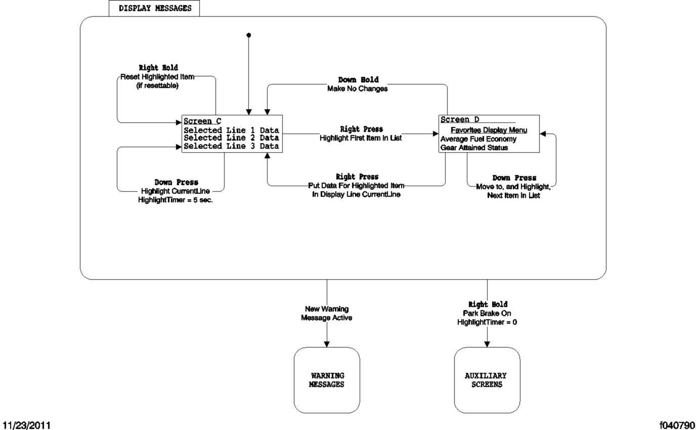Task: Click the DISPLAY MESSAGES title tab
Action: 154,8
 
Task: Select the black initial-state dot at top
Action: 248,35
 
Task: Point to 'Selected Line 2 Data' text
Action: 231,138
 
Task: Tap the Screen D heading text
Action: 460,120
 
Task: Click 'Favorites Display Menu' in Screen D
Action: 489,130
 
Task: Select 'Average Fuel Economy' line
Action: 478,139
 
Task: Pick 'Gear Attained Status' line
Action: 474,148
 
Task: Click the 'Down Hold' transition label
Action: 358,80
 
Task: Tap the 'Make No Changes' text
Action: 357,89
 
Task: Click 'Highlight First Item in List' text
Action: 361,138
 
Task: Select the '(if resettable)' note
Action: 158,86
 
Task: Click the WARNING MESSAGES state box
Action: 327,380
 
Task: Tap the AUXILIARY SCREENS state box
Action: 487,380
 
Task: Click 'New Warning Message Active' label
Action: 327,313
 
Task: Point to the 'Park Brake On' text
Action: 487,313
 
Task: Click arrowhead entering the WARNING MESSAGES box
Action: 327,344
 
